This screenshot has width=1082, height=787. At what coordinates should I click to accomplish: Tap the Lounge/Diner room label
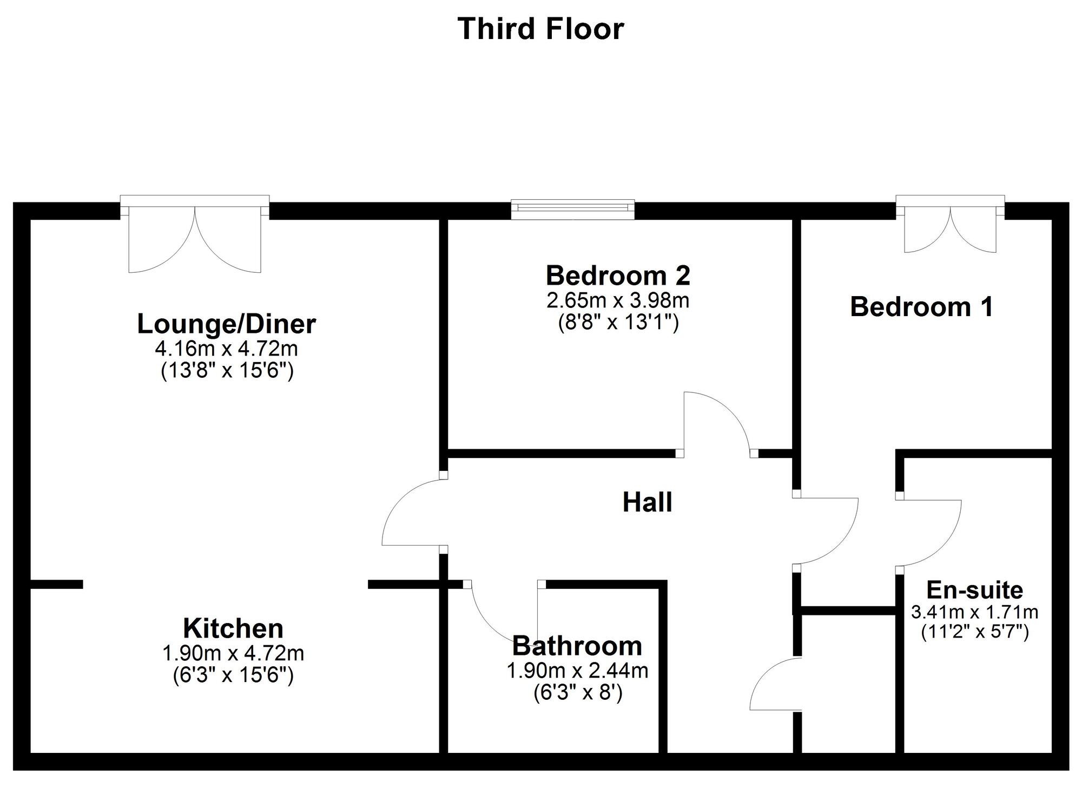[x=227, y=324]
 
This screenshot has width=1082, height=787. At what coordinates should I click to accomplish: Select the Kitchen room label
[x=233, y=628]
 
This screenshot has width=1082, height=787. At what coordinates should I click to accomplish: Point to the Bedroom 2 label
[x=618, y=276]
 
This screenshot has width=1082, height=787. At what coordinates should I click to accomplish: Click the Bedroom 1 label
[x=922, y=307]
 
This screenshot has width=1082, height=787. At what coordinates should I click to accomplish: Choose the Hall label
[x=648, y=502]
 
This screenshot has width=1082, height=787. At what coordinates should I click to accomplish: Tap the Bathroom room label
[x=577, y=646]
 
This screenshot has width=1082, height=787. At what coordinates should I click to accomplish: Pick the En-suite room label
[x=975, y=590]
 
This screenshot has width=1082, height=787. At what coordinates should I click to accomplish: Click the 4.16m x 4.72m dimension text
[x=227, y=349]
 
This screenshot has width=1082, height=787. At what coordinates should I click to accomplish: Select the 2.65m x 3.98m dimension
[x=618, y=300]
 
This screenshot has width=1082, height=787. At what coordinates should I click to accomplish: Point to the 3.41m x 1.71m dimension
[x=975, y=612]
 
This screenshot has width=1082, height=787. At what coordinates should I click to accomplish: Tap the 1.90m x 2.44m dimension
[x=577, y=671]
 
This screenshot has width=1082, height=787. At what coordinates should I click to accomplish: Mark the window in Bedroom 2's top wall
[x=573, y=209]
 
